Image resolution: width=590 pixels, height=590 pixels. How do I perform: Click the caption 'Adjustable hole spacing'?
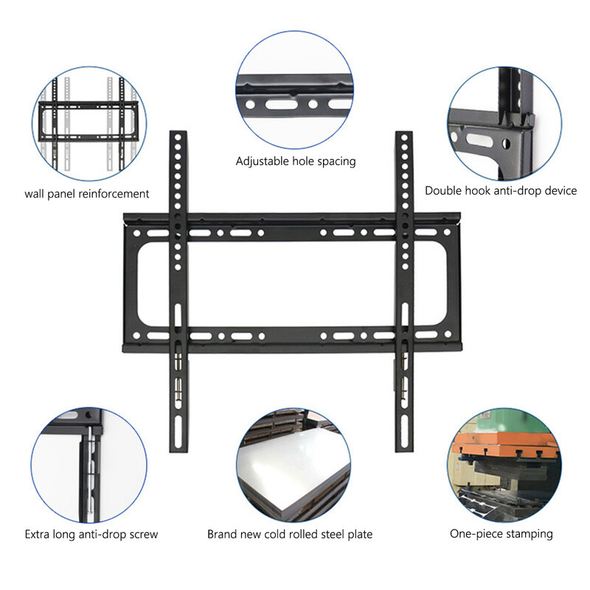[x=296, y=162]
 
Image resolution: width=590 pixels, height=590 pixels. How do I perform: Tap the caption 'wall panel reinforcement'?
[x=87, y=194]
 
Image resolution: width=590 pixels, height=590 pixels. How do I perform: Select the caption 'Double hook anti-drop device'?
[x=501, y=190]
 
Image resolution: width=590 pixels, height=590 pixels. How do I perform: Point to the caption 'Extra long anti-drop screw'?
[x=91, y=534]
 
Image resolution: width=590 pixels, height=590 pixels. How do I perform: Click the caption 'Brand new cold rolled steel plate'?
[x=290, y=534]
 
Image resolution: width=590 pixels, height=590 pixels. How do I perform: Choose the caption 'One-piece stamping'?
[x=502, y=533]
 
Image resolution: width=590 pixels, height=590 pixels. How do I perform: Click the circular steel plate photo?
[x=294, y=465]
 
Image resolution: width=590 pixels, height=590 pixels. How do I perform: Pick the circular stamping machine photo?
[x=504, y=465]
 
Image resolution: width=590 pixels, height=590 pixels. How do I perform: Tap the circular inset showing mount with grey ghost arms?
[x=89, y=124]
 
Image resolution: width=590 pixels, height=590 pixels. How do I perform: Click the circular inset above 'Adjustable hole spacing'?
[x=294, y=89]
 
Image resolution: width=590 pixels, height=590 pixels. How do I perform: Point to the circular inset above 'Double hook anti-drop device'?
[x=504, y=124]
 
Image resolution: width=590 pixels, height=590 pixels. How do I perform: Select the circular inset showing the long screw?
[x=88, y=465]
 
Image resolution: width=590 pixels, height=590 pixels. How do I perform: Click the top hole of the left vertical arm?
[x=178, y=137]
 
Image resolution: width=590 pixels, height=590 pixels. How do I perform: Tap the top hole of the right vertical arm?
[x=404, y=138]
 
